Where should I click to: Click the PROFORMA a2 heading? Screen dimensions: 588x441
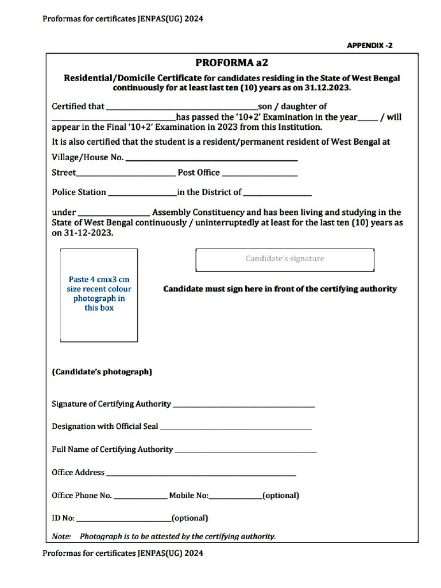click(231, 63)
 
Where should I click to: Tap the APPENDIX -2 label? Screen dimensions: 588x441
click(369, 45)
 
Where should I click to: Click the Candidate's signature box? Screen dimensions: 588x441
click(285, 260)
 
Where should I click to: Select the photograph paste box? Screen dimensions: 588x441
click(99, 295)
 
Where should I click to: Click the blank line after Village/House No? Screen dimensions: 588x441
click(211, 158)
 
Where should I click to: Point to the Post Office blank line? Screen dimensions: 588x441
click(260, 174)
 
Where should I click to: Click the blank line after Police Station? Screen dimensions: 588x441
click(142, 194)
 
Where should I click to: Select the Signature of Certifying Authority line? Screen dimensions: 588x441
click(243, 405)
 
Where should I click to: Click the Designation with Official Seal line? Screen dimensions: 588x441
click(235, 428)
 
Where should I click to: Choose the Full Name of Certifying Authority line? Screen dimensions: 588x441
click(245, 451)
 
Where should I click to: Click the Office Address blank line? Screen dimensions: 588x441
click(201, 474)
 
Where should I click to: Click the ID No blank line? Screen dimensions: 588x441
click(123, 520)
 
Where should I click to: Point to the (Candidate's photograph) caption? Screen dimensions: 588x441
click(102, 372)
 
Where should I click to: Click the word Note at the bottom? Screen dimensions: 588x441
click(61, 536)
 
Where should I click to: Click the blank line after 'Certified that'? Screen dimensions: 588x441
click(182, 107)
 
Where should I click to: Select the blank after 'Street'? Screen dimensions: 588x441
click(125, 174)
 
